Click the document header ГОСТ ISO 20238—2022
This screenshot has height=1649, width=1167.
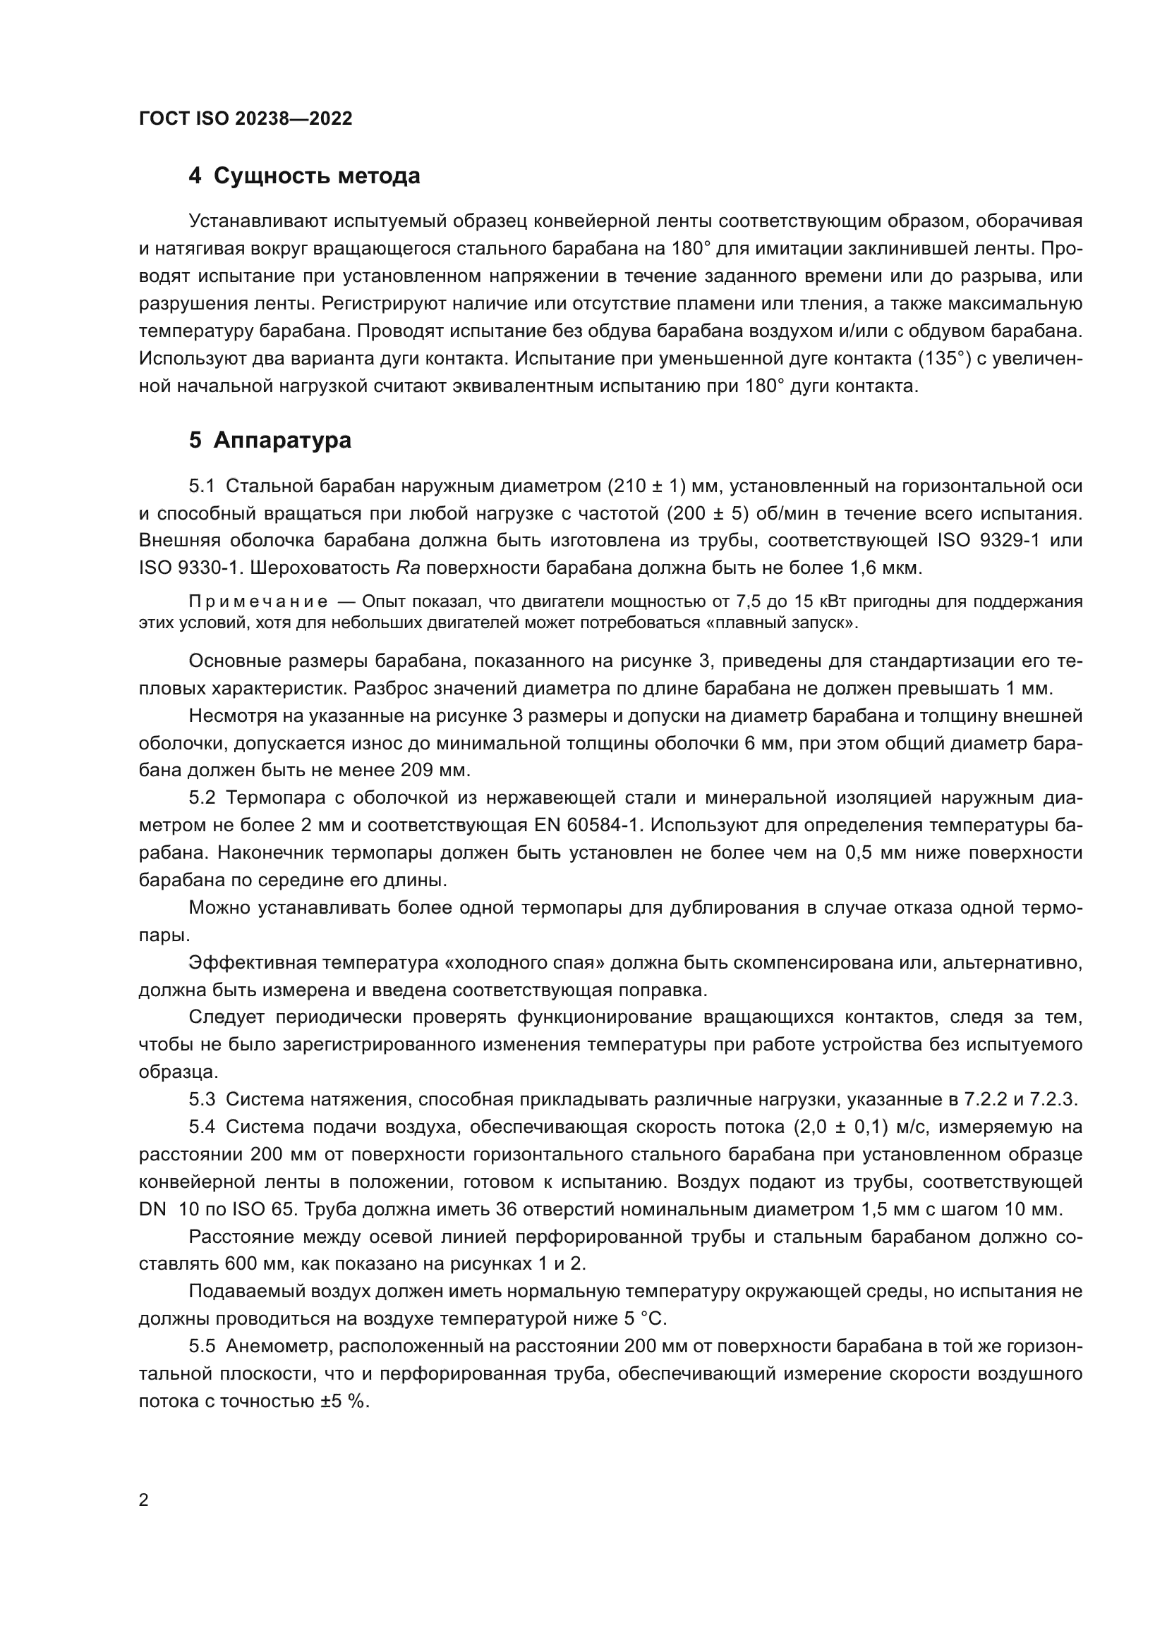[x=246, y=119]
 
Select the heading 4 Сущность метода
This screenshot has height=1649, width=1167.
[x=304, y=176]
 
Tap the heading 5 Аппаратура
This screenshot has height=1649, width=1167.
[x=270, y=440]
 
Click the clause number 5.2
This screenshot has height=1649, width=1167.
[x=202, y=798]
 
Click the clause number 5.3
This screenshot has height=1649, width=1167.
[x=202, y=1100]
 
